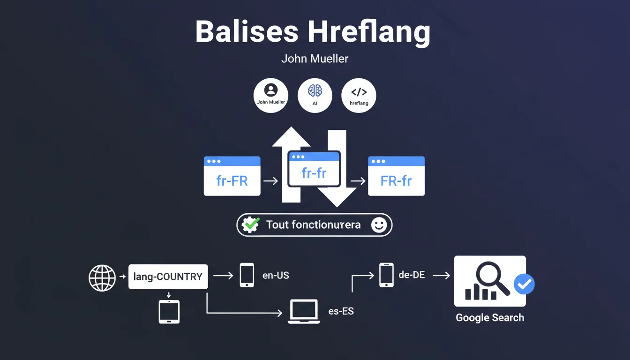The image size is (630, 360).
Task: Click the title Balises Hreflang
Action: click(x=312, y=32)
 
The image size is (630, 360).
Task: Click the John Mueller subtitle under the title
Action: click(x=315, y=59)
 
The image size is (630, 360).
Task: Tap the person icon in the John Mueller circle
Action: click(x=271, y=90)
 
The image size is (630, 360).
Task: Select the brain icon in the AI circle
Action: click(x=315, y=90)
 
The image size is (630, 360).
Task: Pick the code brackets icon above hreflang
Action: click(x=359, y=92)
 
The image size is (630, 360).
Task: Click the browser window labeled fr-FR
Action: click(x=232, y=176)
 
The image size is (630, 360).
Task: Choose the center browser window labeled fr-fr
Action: click(x=314, y=169)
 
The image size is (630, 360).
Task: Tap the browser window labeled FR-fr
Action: click(x=396, y=176)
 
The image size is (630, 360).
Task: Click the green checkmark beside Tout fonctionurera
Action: click(x=250, y=225)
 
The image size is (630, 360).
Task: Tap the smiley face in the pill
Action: click(x=379, y=225)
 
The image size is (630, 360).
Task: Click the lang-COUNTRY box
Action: click(x=168, y=277)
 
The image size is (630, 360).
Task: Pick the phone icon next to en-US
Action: click(x=247, y=275)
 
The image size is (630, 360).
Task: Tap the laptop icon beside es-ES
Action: click(x=304, y=311)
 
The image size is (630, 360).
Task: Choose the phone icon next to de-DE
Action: click(x=386, y=275)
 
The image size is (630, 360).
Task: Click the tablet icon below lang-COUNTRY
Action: click(x=169, y=312)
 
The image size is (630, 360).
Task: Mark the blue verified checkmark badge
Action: click(x=524, y=284)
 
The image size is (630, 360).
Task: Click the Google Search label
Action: click(x=490, y=318)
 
